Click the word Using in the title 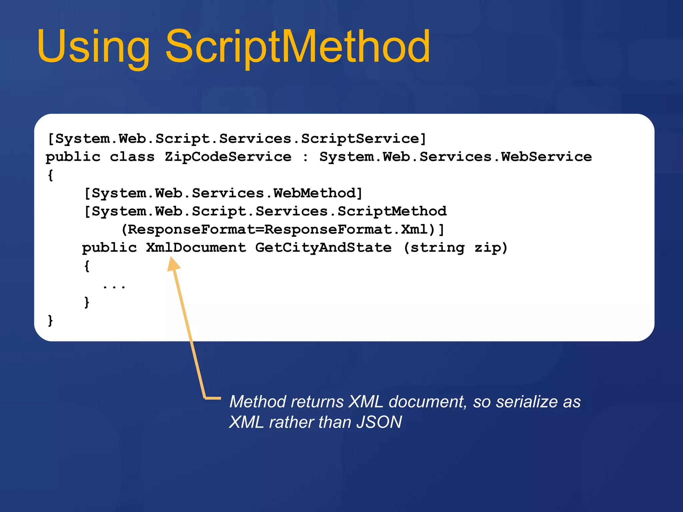[93, 47]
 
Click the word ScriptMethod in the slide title [297, 47]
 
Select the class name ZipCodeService [228, 157]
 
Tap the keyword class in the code [132, 157]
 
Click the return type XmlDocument [196, 248]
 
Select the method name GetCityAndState [323, 248]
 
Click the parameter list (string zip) [455, 248]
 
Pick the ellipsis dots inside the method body [114, 286]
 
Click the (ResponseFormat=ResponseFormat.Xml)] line [283, 230]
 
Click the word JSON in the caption [379, 422]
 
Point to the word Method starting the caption [258, 402]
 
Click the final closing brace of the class [50, 321]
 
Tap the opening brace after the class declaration [50, 175]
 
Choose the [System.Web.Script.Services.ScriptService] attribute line [237, 139]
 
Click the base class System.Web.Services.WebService [455, 157]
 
